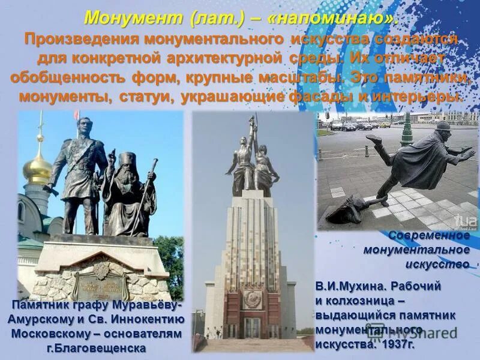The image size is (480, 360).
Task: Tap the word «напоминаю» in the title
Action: pyautogui.click(x=334, y=17)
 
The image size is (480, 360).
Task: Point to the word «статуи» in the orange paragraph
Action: pyautogui.click(x=137, y=97)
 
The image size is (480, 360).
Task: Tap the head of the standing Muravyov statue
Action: pyautogui.click(x=84, y=127)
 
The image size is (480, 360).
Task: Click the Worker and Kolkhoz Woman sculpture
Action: pyautogui.click(x=252, y=156)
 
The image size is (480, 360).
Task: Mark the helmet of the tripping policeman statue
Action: pyautogui.click(x=442, y=127)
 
